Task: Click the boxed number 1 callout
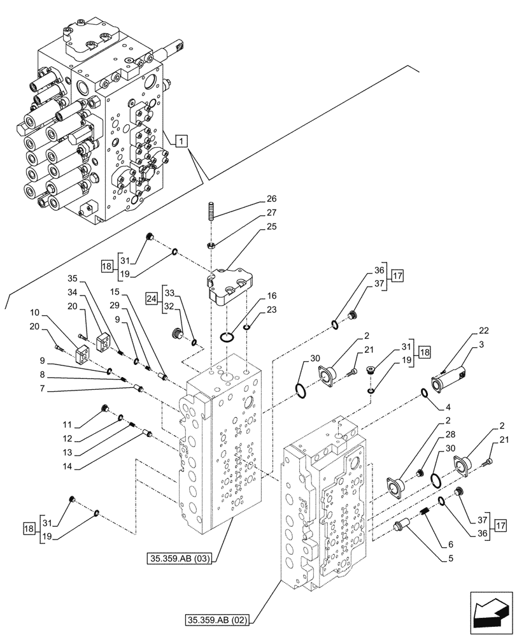[x=181, y=141]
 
